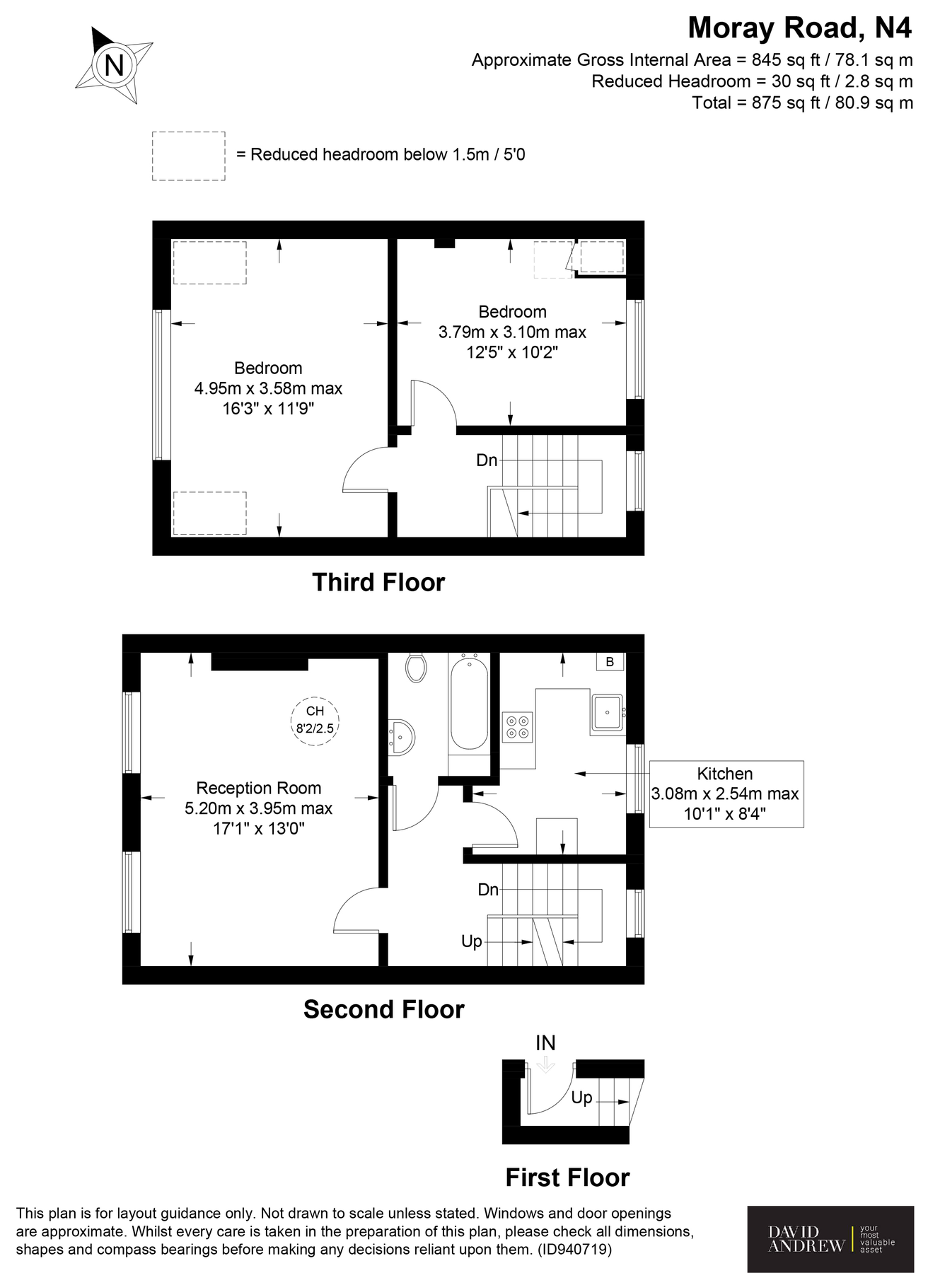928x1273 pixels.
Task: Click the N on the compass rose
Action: tap(114, 65)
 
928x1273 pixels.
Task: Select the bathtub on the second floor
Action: tap(469, 703)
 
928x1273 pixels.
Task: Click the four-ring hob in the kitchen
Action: tap(517, 726)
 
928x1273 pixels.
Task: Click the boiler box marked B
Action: tap(610, 662)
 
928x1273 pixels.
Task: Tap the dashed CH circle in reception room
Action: tap(315, 719)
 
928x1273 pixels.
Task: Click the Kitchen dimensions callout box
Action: tap(726, 794)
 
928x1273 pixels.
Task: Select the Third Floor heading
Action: tap(378, 582)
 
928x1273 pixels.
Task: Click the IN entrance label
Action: tap(545, 1043)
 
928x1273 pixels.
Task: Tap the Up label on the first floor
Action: tap(581, 1098)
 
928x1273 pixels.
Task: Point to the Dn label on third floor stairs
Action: tap(487, 460)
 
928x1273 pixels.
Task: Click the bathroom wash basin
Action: tap(402, 736)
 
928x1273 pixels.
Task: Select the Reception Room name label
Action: tap(259, 788)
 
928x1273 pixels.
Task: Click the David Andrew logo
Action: tap(830, 1238)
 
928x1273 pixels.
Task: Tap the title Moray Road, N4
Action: tap(800, 28)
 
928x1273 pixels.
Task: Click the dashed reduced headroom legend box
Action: tap(189, 156)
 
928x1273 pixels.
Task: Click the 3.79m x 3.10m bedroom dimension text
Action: tap(512, 332)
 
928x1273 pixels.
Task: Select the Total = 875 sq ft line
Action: tap(802, 103)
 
